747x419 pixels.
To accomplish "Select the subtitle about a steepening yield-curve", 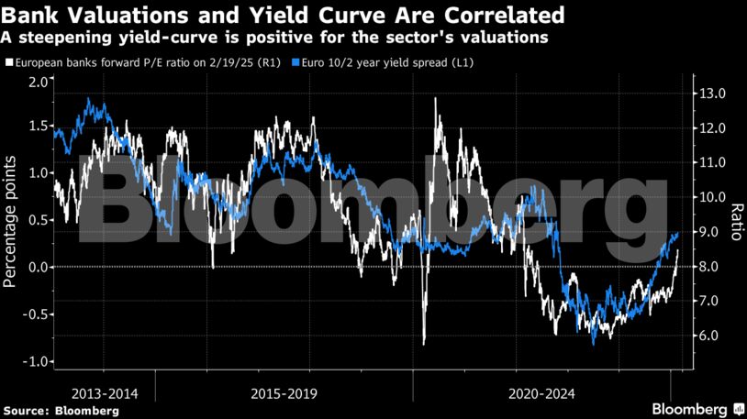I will click(x=274, y=38).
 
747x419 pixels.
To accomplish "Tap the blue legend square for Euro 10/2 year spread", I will click(x=295, y=63).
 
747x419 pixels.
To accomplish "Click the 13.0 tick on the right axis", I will click(x=714, y=94).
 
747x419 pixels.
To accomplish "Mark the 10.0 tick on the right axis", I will click(x=714, y=197).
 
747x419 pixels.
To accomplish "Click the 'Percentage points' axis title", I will click(x=10, y=221).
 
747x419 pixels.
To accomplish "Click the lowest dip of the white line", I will click(x=424, y=344).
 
